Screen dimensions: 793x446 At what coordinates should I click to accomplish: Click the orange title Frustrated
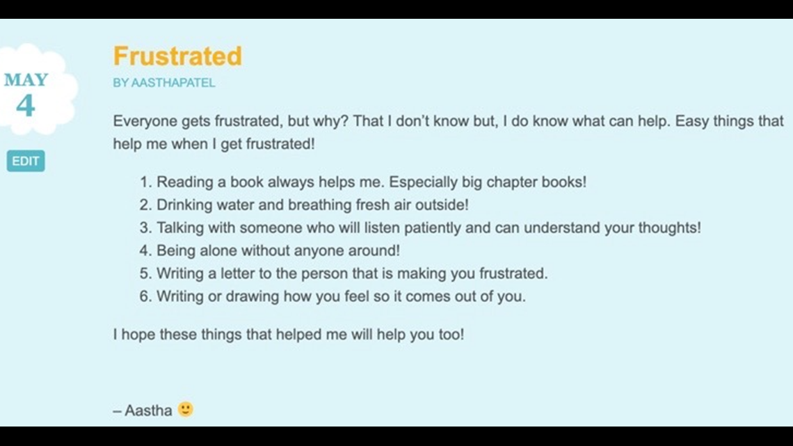tap(177, 56)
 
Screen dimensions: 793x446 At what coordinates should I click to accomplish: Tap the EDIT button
tap(26, 161)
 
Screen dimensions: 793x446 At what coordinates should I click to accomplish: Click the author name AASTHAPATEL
tap(173, 83)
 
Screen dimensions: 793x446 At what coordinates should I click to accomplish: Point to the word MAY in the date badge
tap(26, 80)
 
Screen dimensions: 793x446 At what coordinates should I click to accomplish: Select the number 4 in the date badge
tap(26, 106)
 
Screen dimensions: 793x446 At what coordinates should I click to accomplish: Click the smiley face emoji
tap(186, 409)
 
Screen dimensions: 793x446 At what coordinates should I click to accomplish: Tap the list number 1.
tap(145, 182)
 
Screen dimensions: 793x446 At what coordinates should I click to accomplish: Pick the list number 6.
tap(145, 296)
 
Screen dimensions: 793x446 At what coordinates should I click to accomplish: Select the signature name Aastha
tap(148, 411)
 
